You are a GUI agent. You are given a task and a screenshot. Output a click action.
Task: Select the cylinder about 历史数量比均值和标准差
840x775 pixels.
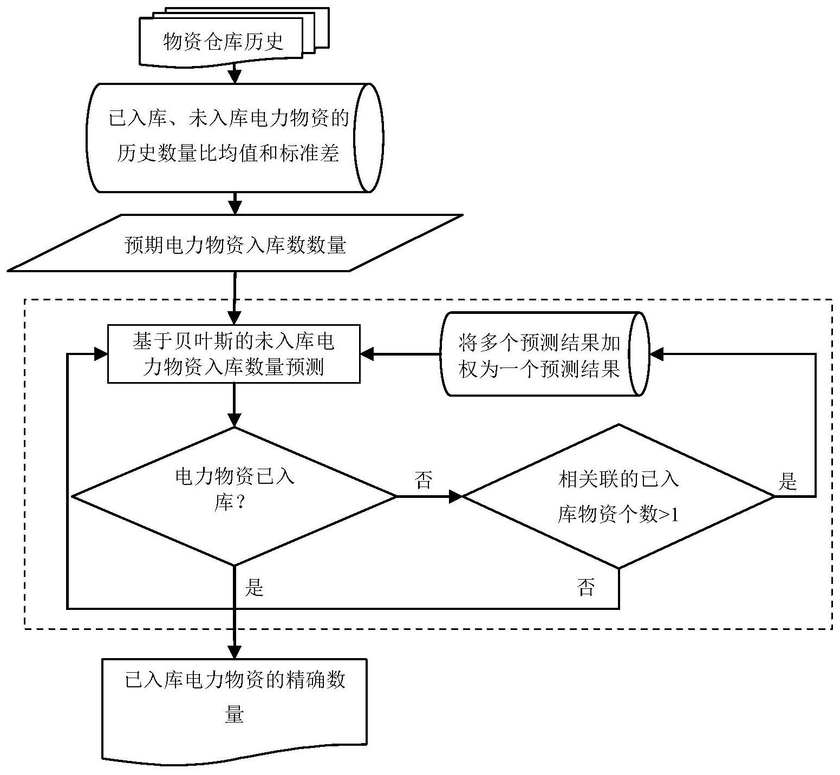point(235,137)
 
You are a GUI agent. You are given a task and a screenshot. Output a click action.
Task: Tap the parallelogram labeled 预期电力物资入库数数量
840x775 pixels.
point(235,243)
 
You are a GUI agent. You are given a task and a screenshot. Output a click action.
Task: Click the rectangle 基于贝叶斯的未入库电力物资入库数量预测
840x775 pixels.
point(234,354)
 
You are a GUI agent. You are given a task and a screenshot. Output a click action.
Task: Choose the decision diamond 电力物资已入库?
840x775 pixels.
point(235,496)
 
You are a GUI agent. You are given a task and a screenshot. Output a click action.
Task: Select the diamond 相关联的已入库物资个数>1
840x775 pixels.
point(618,496)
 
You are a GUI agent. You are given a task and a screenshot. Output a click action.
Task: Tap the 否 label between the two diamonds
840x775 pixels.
point(424,480)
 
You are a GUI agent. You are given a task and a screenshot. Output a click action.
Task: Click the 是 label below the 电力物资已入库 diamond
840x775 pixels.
point(254,587)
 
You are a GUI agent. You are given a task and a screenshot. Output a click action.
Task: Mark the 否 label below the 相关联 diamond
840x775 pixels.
point(586,587)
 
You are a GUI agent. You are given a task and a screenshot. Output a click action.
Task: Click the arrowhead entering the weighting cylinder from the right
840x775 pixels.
point(656,354)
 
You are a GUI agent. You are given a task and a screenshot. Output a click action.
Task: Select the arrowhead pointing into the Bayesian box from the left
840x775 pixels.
point(101,354)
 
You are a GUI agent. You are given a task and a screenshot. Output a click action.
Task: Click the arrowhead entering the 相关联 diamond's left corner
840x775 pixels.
point(455,496)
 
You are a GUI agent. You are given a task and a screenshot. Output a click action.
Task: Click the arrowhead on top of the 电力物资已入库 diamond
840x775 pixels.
point(235,420)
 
